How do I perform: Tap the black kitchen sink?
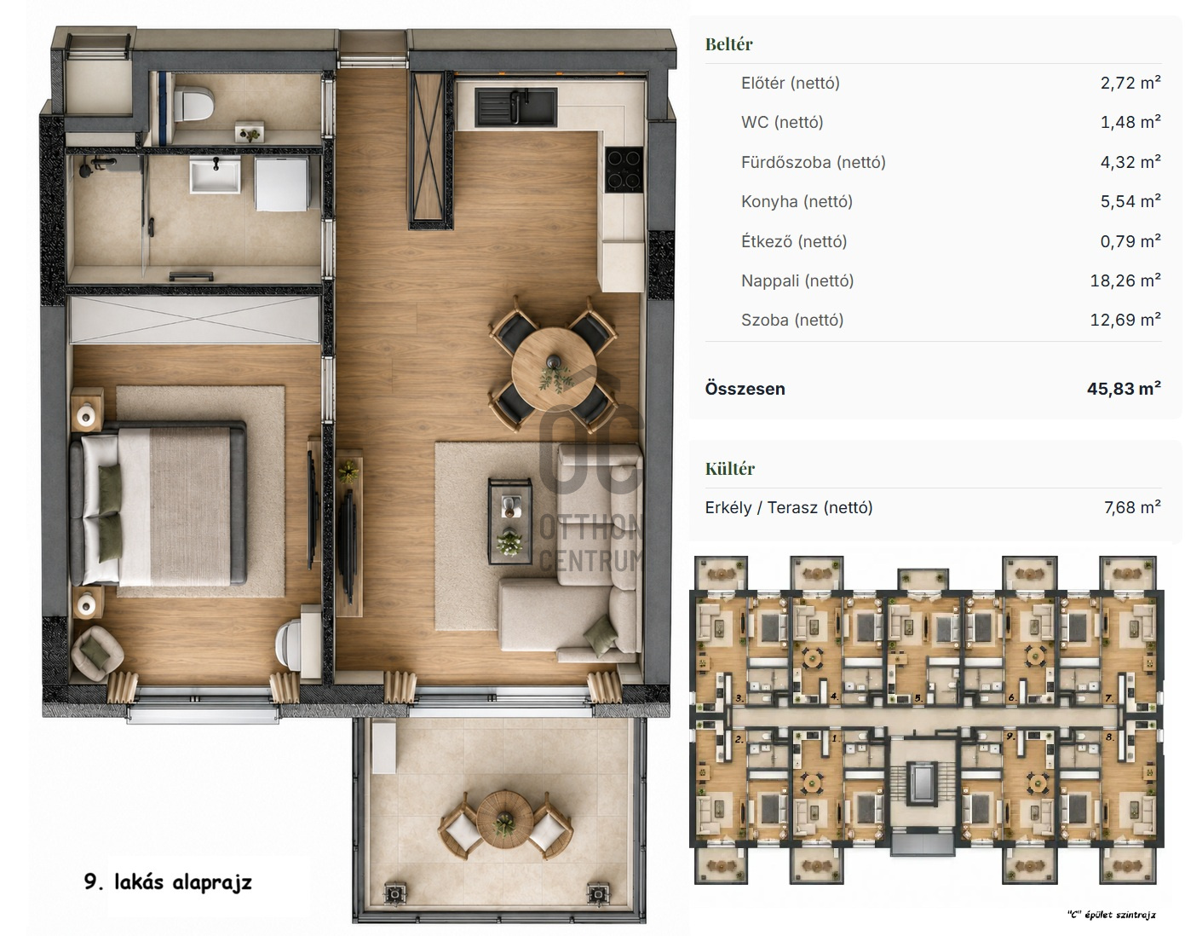click(x=516, y=107)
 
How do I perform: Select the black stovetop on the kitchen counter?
click(x=624, y=170)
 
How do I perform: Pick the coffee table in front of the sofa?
click(x=510, y=521)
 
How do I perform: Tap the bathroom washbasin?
click(x=215, y=174)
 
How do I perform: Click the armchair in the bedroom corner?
click(x=97, y=653)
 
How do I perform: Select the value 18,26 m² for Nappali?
click(x=1125, y=280)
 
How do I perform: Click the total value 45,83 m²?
click(x=1124, y=389)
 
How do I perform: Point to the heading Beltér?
click(x=728, y=44)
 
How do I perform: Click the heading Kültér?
click(x=729, y=469)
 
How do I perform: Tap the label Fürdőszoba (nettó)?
click(x=814, y=163)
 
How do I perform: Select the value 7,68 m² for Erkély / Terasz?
click(x=1133, y=507)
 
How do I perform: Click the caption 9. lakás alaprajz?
click(x=168, y=882)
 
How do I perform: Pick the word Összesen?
click(x=745, y=389)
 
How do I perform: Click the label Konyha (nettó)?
click(x=797, y=202)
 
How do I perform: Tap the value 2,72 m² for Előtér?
click(x=1130, y=83)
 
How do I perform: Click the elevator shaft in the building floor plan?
click(x=923, y=782)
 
